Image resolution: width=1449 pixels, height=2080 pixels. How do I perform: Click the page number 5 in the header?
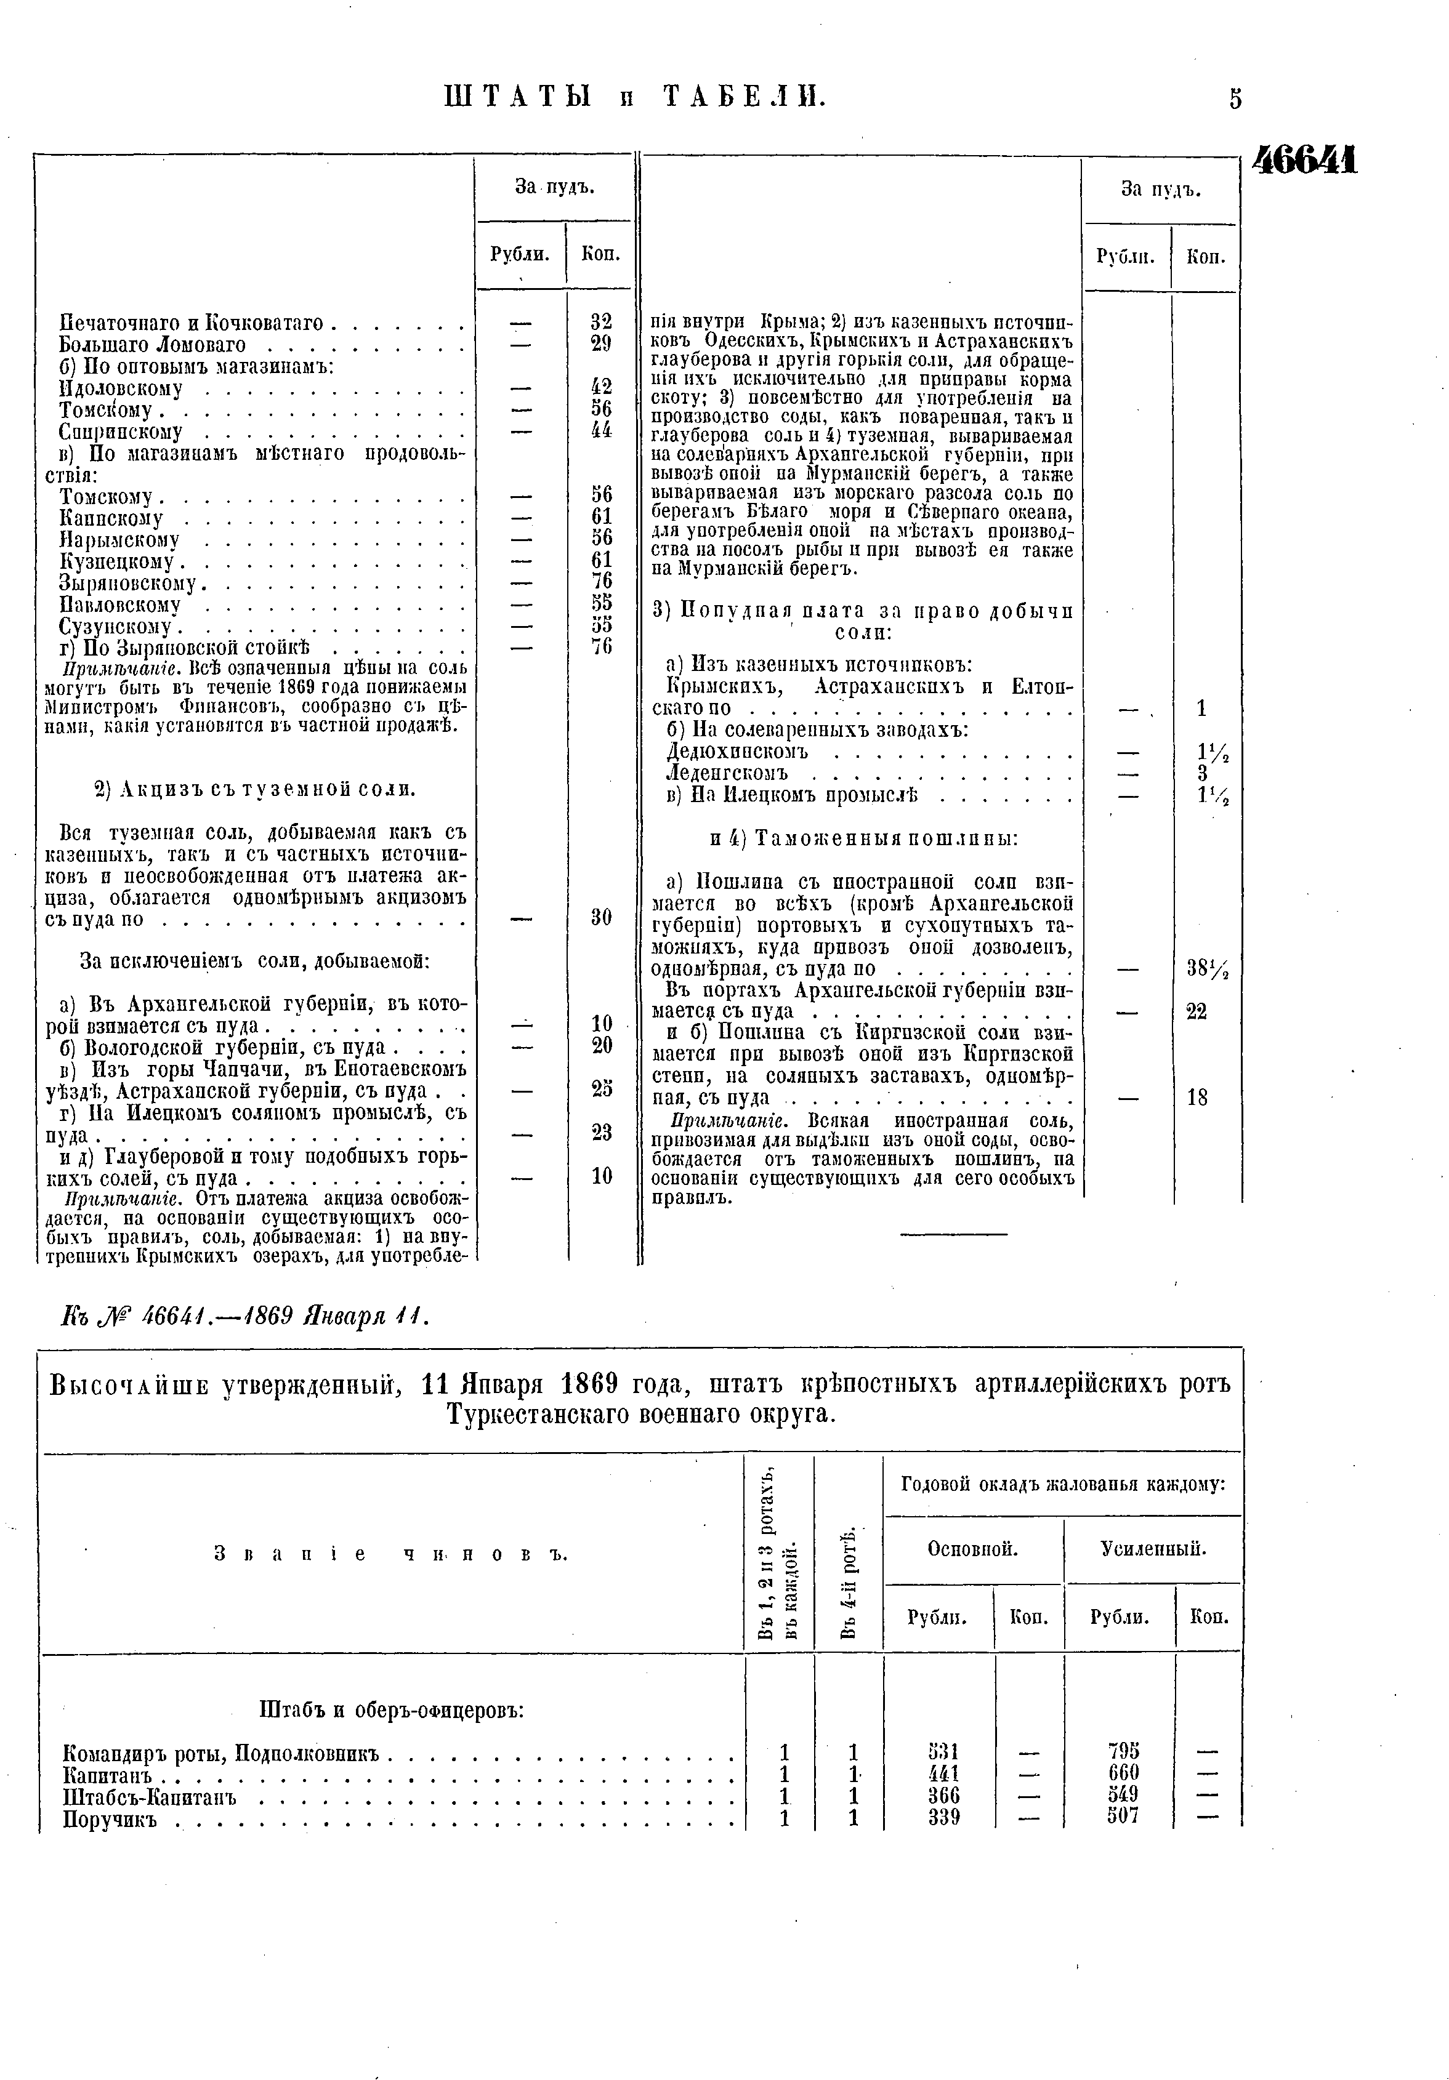click(x=1235, y=98)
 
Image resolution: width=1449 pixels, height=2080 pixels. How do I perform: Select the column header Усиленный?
click(x=1153, y=1549)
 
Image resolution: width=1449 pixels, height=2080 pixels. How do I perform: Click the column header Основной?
click(x=972, y=1549)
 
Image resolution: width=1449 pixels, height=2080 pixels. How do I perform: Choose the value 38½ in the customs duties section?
click(x=1207, y=968)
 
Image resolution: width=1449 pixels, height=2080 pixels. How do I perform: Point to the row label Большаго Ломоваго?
click(x=152, y=344)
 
